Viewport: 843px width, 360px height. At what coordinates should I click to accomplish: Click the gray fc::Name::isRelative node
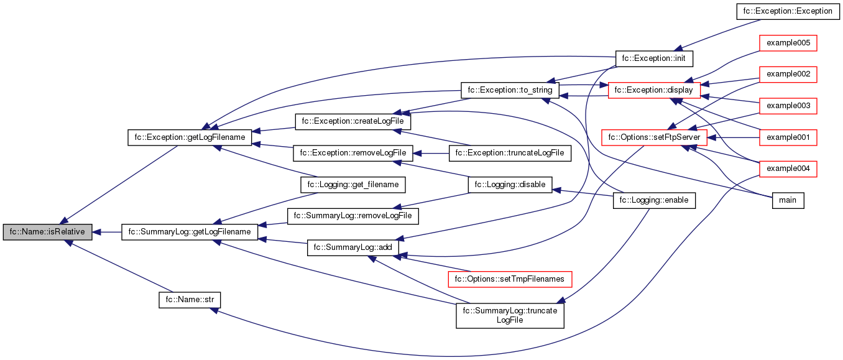click(x=48, y=232)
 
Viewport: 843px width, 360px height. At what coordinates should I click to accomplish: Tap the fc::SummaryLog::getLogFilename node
click(x=190, y=232)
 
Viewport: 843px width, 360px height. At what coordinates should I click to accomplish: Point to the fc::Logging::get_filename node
click(x=352, y=185)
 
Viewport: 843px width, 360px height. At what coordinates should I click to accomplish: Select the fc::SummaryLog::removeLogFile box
click(x=352, y=216)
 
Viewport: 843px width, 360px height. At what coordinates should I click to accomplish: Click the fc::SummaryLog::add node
click(x=352, y=247)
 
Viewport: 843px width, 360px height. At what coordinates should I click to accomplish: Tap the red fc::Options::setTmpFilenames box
click(x=510, y=279)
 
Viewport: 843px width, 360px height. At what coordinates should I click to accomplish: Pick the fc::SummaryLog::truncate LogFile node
click(x=510, y=315)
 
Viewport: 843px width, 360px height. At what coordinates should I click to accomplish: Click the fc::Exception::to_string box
click(x=510, y=90)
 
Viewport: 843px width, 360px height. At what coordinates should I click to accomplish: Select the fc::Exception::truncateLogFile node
click(x=510, y=152)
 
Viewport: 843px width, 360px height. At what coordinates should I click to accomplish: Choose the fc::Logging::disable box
click(x=510, y=184)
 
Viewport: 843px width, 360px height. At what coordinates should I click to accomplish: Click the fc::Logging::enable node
click(x=654, y=200)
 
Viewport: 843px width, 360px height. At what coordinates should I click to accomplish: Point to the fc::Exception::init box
click(x=654, y=58)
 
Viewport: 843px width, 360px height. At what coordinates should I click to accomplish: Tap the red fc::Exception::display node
click(x=654, y=90)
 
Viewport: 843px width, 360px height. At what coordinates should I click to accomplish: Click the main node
click(x=788, y=200)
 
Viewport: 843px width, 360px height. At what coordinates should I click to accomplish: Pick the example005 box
click(x=788, y=42)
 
